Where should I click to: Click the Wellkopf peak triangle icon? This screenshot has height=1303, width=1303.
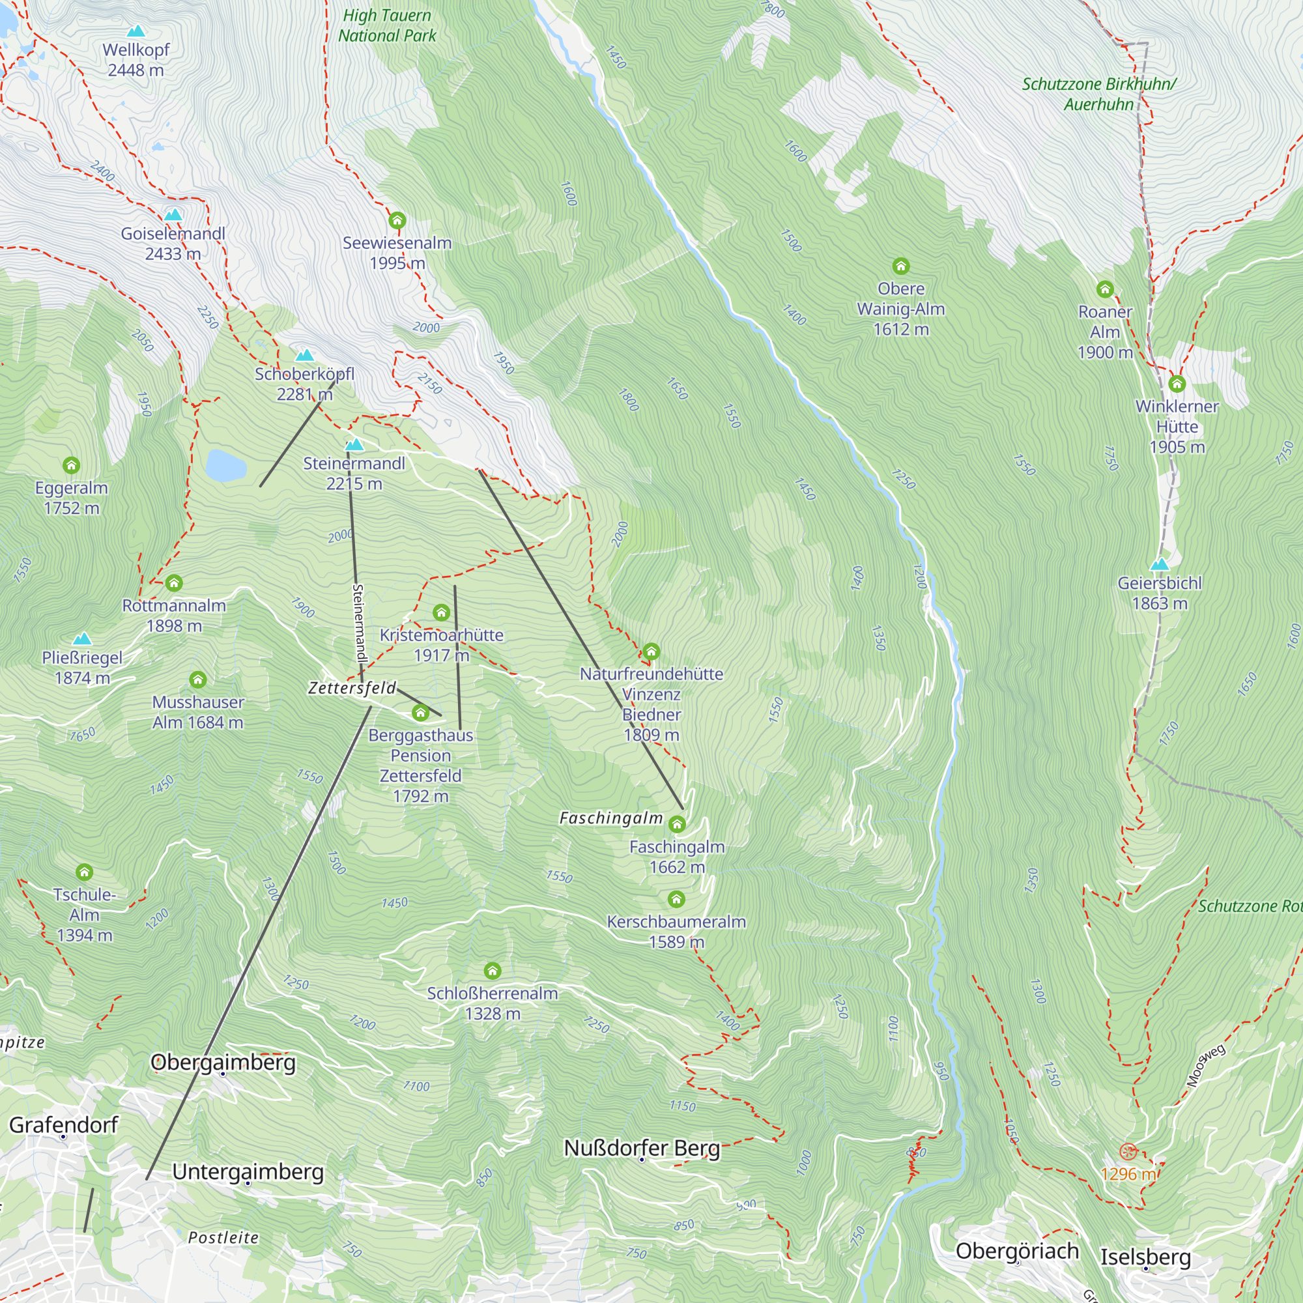(x=136, y=31)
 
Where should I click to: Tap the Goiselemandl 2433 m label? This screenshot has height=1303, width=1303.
(x=173, y=244)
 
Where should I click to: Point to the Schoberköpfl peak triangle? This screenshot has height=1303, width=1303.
(x=305, y=355)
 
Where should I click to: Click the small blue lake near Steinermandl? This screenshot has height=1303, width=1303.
(x=225, y=465)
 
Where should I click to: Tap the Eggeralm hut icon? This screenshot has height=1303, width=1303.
(x=72, y=465)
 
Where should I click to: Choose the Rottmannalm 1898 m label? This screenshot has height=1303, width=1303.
(x=174, y=615)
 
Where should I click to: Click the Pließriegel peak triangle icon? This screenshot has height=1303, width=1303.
(x=82, y=638)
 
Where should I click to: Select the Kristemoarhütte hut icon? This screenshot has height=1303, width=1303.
(x=441, y=612)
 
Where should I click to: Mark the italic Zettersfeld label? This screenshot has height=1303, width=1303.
(x=352, y=688)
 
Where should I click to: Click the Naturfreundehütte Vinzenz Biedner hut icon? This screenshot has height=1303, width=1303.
(x=651, y=651)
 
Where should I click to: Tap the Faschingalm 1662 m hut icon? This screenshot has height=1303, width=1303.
(x=677, y=824)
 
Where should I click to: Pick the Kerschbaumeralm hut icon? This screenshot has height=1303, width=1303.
(x=676, y=899)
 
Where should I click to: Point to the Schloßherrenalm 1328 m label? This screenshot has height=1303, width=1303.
(x=493, y=1003)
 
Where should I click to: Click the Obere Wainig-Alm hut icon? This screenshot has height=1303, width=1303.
(x=901, y=266)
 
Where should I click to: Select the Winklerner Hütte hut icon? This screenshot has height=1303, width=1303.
(x=1177, y=384)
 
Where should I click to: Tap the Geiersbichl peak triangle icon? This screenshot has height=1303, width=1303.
(x=1160, y=564)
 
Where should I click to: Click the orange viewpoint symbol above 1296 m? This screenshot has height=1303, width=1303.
(x=1128, y=1151)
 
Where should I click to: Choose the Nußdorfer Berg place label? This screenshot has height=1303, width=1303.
(x=642, y=1147)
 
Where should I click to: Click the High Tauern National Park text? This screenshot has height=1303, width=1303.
(x=387, y=25)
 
